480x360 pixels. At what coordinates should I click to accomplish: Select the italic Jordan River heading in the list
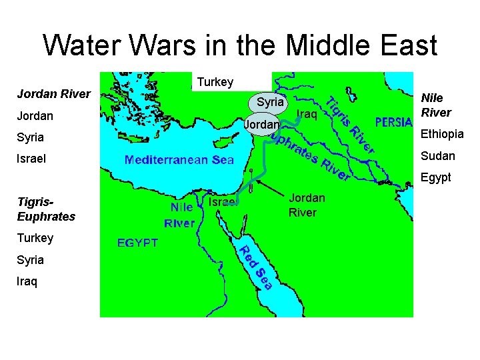(x=53, y=94)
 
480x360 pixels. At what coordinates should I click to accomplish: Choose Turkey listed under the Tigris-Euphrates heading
(x=35, y=238)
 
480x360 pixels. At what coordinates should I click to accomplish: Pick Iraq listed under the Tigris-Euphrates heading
(x=27, y=281)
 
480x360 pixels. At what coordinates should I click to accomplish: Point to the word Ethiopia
(x=442, y=134)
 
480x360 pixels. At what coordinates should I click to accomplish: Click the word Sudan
(x=438, y=156)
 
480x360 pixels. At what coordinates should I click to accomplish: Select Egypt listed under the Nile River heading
(x=436, y=177)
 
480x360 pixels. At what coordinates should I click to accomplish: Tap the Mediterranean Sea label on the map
(x=179, y=160)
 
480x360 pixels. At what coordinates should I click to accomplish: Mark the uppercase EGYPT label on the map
(x=138, y=243)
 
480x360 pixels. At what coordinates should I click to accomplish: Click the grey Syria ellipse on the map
(x=269, y=103)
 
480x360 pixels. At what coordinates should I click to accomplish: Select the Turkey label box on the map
(x=215, y=82)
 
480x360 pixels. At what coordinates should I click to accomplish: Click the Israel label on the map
(x=221, y=202)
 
